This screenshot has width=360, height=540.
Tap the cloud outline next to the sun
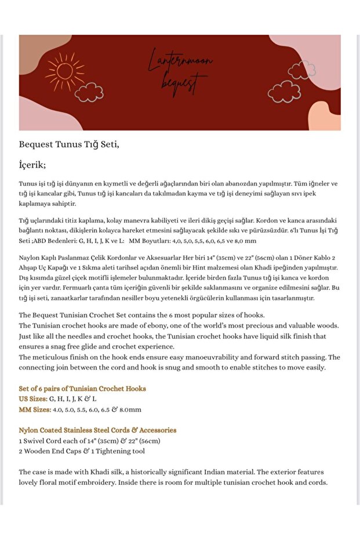click(89, 92)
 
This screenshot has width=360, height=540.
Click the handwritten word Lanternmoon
click(180, 60)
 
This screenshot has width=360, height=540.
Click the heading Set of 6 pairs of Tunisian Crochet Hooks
click(82, 389)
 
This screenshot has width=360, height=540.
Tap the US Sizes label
click(33, 399)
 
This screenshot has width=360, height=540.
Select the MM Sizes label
click(35, 409)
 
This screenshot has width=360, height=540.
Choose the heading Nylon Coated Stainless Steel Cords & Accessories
click(97, 430)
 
